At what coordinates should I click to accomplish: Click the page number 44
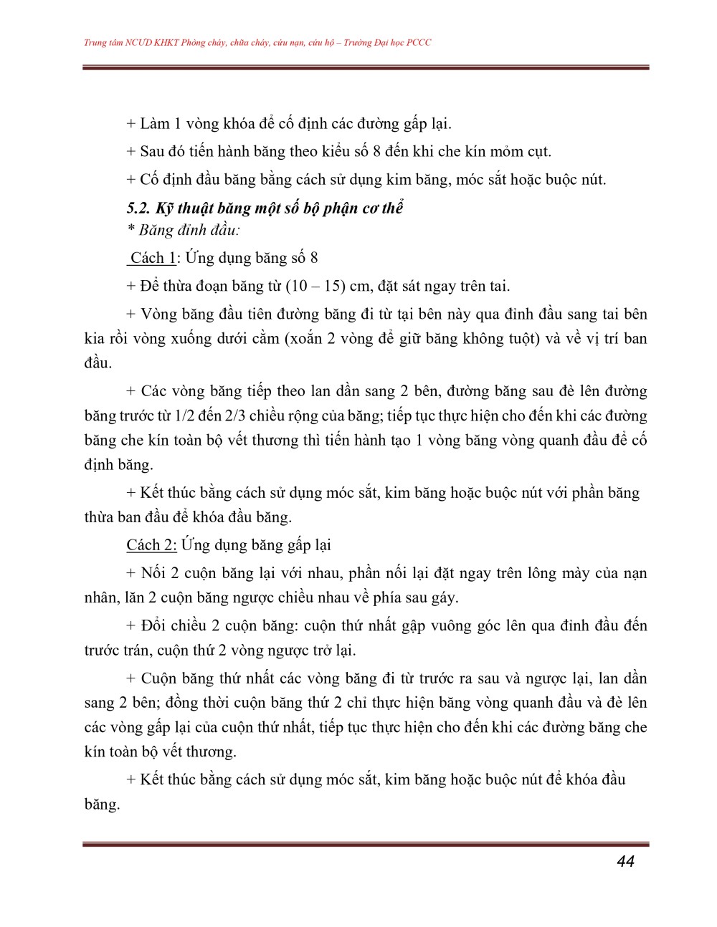coord(625,861)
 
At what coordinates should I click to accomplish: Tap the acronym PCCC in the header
coord(419,43)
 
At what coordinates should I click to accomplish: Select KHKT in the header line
coord(164,43)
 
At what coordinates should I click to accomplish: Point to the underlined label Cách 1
coord(153,258)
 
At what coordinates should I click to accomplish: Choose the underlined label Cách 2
coord(151,545)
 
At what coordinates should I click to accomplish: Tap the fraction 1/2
coord(185,416)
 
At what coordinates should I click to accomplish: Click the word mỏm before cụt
coord(506,152)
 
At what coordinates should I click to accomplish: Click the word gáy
coord(445,597)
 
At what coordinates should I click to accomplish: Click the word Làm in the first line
coord(155,124)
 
